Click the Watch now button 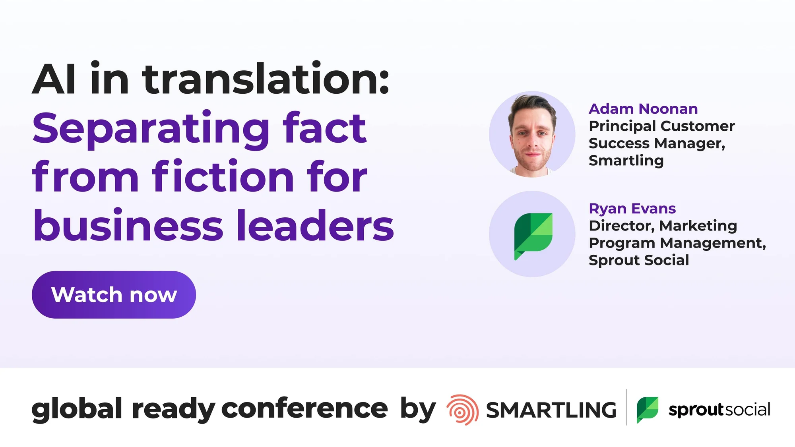tap(114, 295)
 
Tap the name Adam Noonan tap(643, 109)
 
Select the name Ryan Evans tap(632, 209)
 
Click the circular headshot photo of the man tap(532, 134)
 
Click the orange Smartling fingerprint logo tap(462, 410)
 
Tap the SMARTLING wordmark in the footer tap(551, 410)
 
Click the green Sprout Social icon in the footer tap(648, 410)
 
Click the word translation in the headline tap(266, 79)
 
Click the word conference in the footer tap(304, 409)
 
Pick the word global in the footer tap(77, 410)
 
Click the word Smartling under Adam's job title tap(626, 161)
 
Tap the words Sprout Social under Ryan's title tap(639, 260)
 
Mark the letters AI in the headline tap(54, 79)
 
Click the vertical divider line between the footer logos tap(626, 407)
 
